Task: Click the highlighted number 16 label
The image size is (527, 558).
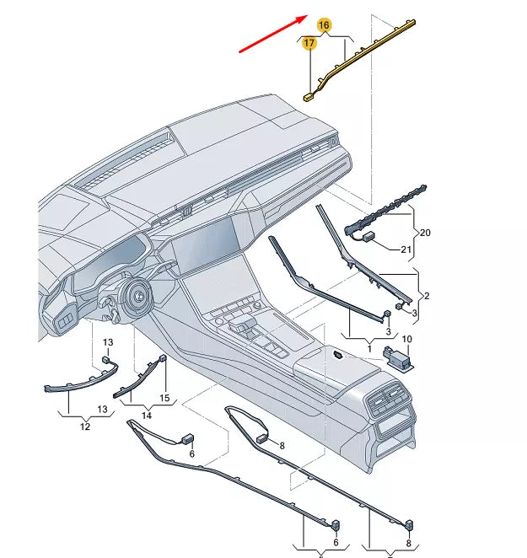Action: pyautogui.click(x=325, y=26)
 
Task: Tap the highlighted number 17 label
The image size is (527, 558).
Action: pyautogui.click(x=309, y=43)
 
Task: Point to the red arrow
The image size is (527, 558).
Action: pyautogui.click(x=272, y=34)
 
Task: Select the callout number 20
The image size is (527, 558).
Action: pyautogui.click(x=425, y=232)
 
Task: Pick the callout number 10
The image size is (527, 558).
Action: pyautogui.click(x=406, y=339)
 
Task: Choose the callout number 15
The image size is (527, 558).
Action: pyautogui.click(x=164, y=397)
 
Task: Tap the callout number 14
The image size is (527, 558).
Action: pyautogui.click(x=146, y=415)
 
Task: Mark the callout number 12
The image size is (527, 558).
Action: pyautogui.click(x=84, y=427)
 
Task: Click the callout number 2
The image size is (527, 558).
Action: pyautogui.click(x=426, y=296)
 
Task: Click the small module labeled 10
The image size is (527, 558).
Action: pyautogui.click(x=399, y=357)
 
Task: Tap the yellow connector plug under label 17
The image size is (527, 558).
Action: pyautogui.click(x=309, y=95)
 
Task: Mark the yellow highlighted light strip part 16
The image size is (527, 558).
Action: pyautogui.click(x=371, y=46)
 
